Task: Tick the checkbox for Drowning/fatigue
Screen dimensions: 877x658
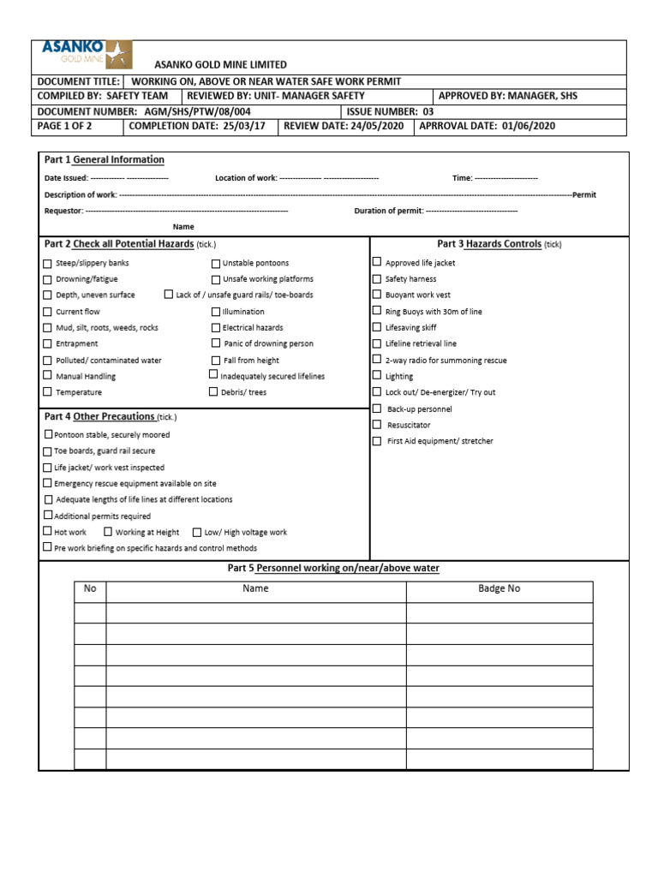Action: coord(48,279)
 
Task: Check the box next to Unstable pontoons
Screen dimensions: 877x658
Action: coord(216,263)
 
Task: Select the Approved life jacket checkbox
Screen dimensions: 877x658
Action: coord(377,262)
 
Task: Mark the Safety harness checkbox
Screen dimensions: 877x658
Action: coord(377,278)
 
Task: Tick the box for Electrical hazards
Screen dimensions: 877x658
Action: coord(216,327)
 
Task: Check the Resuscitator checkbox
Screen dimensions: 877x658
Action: coord(377,425)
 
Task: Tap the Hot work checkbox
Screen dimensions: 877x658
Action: coord(48,532)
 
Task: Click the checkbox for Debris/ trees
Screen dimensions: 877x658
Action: coord(214,392)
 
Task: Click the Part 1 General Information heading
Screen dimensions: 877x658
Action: coord(104,160)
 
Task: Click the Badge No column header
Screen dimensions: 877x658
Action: coord(499,588)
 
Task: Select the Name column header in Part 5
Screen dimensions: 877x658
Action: coord(255,588)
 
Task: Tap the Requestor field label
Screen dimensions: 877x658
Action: coord(63,211)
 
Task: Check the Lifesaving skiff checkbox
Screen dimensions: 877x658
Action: coord(377,327)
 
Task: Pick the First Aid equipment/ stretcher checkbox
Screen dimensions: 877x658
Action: coord(377,441)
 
